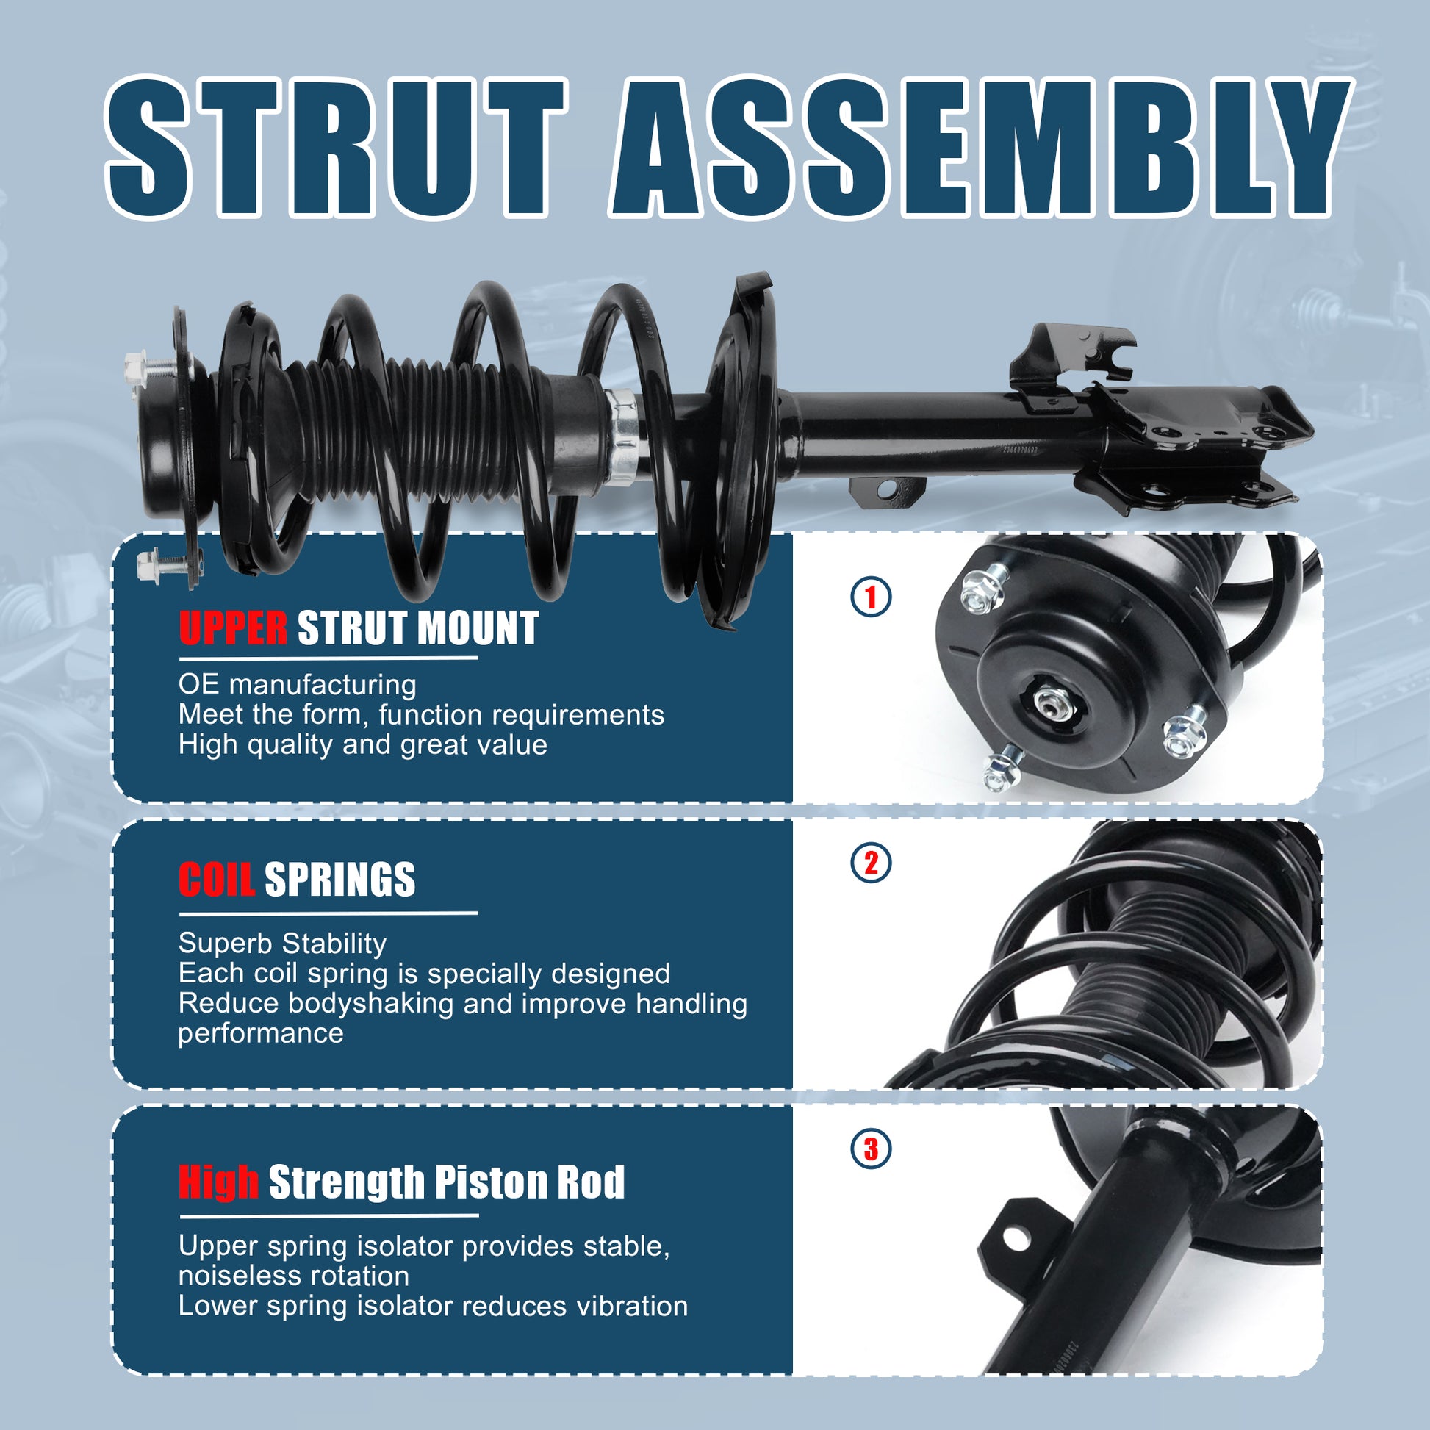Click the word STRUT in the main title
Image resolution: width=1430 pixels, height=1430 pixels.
[x=337, y=147]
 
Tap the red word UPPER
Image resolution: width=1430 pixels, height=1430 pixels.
[x=232, y=628]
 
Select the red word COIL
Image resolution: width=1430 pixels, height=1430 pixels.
[x=216, y=880]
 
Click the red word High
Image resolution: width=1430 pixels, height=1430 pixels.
[x=218, y=1182]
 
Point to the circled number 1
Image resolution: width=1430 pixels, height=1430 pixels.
[x=871, y=597]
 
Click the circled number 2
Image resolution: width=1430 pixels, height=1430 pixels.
[x=871, y=863]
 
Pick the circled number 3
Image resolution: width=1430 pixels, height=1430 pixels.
[x=871, y=1149]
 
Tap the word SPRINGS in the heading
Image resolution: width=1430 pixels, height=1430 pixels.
[x=339, y=880]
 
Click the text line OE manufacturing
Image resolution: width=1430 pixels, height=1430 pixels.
[x=297, y=685]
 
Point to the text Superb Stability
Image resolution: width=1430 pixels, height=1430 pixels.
[x=282, y=944]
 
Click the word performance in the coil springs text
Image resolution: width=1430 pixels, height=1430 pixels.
[x=261, y=1034]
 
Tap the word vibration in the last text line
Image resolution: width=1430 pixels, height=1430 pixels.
[x=632, y=1306]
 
